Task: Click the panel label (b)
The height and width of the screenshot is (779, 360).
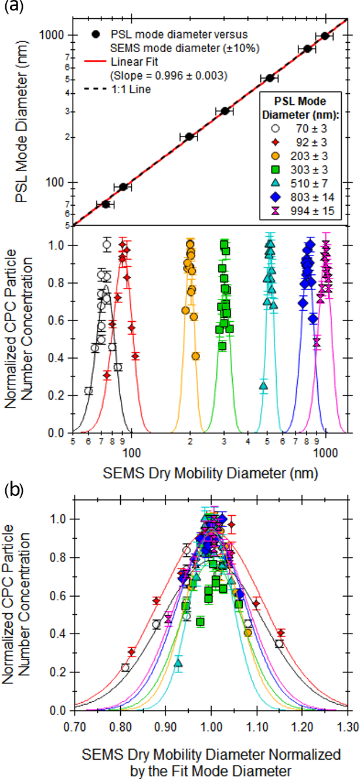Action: [12, 490]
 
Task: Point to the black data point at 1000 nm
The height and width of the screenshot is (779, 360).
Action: [325, 36]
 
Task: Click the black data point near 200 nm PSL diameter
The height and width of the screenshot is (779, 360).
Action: [189, 137]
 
